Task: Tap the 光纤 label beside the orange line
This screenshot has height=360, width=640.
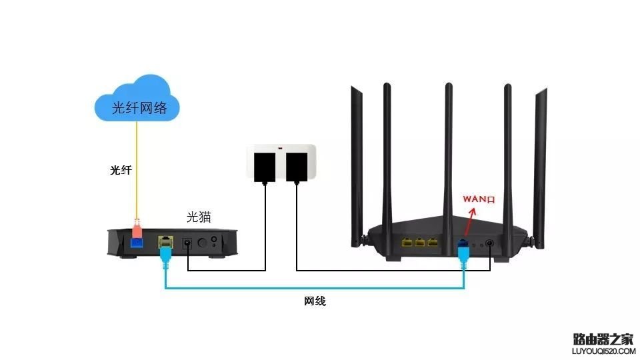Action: tap(121, 171)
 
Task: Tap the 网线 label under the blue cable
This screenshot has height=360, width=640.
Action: tap(315, 301)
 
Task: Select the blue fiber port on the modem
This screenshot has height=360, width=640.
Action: tap(137, 243)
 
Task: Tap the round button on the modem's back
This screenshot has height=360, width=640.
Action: tap(215, 241)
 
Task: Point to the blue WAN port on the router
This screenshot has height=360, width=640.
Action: tap(462, 245)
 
